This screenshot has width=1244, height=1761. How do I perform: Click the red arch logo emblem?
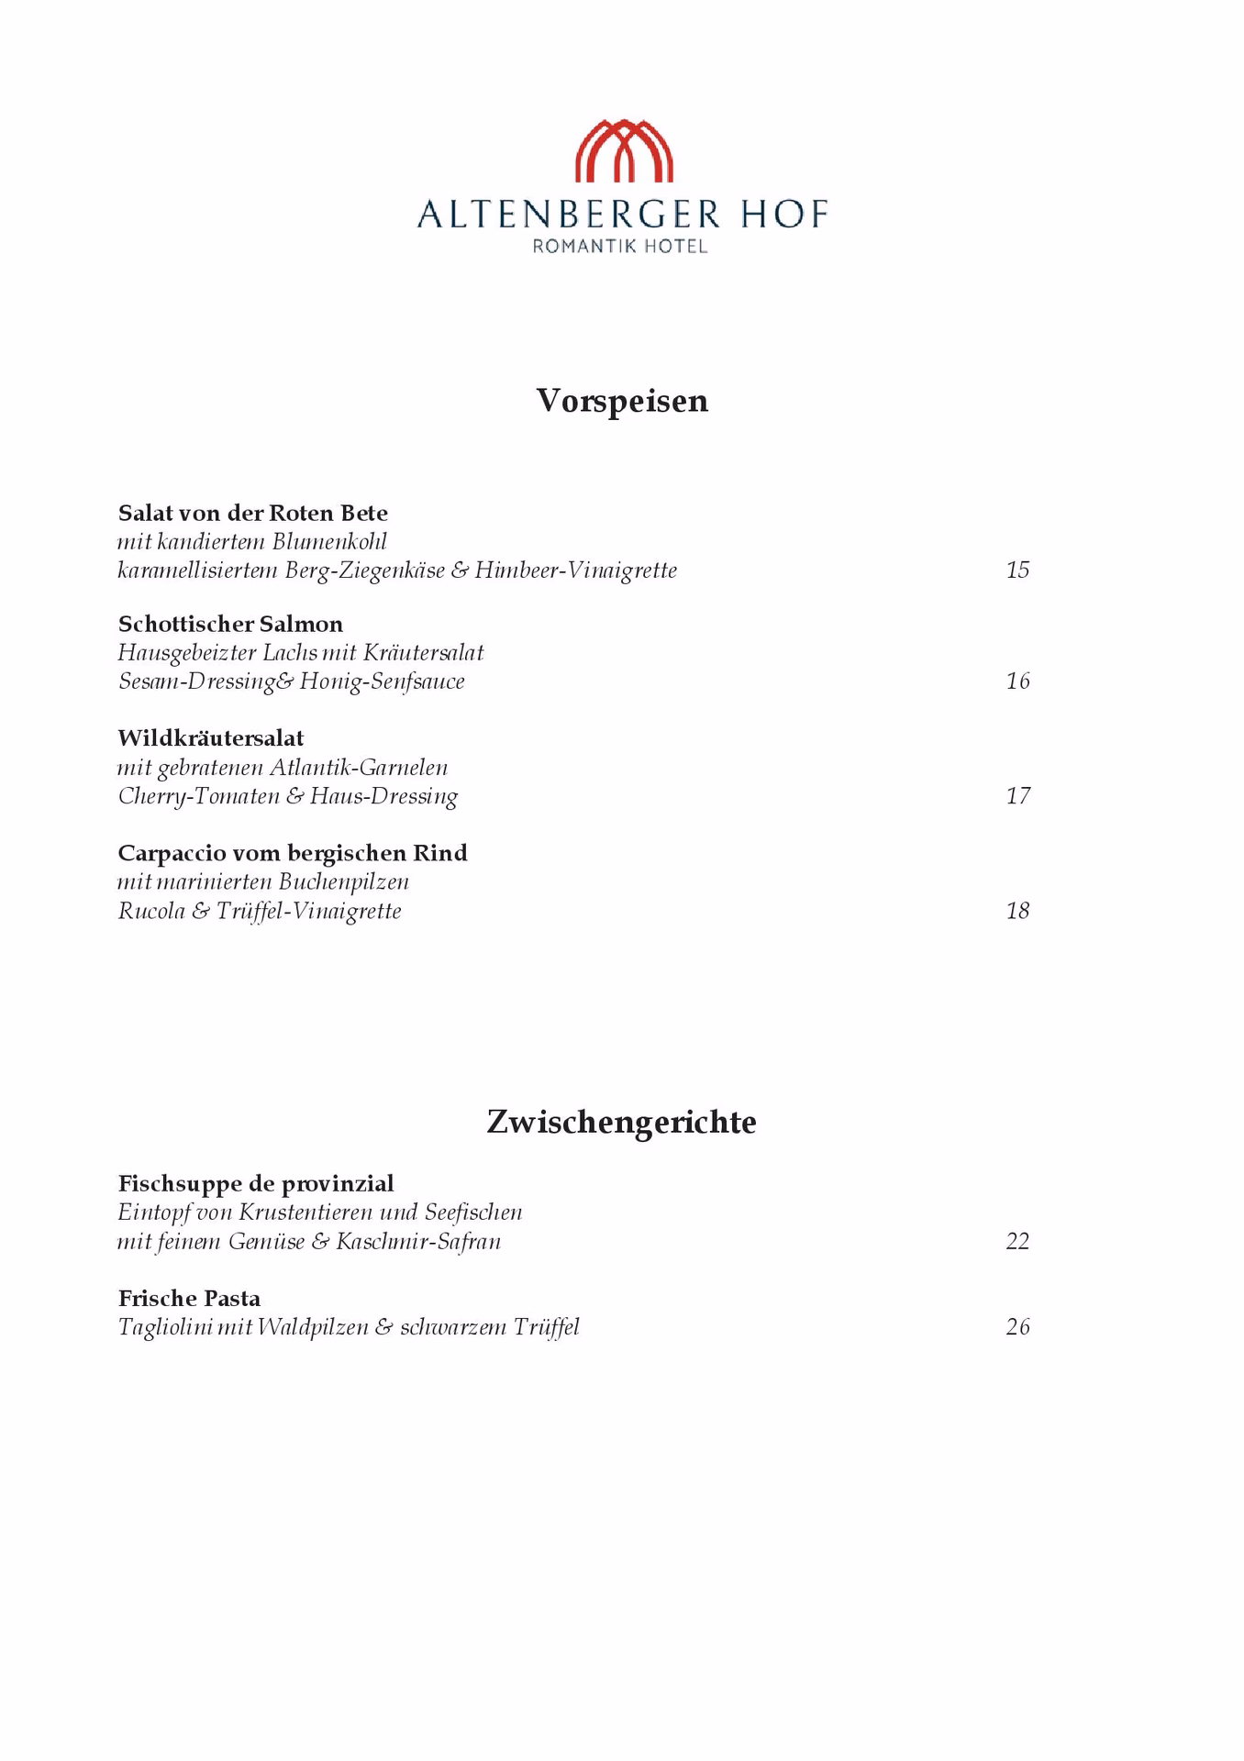[624, 150]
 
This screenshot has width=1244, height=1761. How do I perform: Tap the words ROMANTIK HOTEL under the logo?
[621, 246]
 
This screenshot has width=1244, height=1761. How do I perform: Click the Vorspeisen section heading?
[622, 401]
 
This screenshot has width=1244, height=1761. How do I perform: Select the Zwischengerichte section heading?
[621, 1122]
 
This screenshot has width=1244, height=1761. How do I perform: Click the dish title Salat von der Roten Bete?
[253, 513]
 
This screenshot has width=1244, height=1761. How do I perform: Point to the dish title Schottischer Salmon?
[230, 625]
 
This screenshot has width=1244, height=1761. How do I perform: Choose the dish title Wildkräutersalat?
[211, 738]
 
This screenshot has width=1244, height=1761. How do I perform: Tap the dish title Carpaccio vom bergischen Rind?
[293, 853]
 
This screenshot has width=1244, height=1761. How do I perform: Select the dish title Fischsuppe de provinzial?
[256, 1183]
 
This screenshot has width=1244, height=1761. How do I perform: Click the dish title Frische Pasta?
[189, 1299]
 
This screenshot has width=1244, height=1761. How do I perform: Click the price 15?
[1017, 570]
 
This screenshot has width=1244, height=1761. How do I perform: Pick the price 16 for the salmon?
[1017, 681]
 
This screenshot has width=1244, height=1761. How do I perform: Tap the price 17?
[1017, 796]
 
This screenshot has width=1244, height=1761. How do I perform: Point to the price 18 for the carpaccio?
[1017, 911]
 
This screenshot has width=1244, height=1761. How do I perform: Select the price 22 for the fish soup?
[1017, 1242]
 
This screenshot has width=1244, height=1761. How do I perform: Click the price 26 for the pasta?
[1017, 1327]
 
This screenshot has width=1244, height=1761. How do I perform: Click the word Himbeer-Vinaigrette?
[576, 570]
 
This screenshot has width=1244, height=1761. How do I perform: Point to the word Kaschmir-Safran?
[418, 1242]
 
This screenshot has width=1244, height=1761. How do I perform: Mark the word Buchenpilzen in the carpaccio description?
[344, 882]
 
